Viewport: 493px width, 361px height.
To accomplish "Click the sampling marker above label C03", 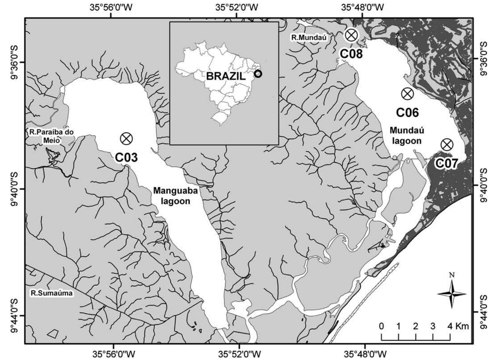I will point(126,138).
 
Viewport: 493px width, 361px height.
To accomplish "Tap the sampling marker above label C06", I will point(407,94).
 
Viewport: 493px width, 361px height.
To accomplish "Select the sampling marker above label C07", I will point(447,145).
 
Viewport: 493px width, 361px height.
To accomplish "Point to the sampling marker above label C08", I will point(351,35).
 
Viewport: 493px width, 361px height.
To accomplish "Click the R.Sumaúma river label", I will point(52,293).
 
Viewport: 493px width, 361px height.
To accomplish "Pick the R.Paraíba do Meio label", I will point(51,136).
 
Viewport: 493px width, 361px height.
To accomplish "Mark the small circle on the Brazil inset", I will point(258,73).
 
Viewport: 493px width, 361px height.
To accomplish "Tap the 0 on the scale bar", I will point(381,326).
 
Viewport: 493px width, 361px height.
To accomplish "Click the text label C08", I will point(351,54).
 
